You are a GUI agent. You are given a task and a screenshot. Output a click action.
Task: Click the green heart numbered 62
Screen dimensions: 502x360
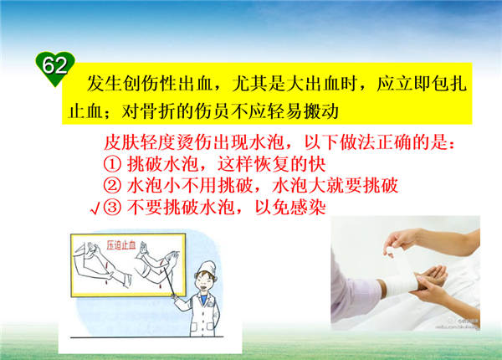[x=55, y=68]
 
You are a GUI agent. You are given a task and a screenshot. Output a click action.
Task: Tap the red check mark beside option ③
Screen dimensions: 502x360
[x=95, y=208]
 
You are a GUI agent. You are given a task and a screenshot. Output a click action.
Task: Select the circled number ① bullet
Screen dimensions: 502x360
[x=112, y=164]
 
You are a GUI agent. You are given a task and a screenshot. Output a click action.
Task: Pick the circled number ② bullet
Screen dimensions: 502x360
[x=112, y=186]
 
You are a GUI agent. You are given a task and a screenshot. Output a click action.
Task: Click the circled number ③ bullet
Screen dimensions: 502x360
[x=112, y=207]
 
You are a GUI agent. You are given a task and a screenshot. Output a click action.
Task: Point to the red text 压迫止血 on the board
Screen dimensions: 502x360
[x=121, y=245]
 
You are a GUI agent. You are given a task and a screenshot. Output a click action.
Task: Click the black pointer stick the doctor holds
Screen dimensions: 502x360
[x=170, y=282]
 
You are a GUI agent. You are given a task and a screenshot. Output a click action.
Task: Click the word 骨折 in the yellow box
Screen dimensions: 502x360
[x=149, y=111]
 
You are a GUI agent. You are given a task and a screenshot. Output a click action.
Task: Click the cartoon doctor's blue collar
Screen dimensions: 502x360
[x=203, y=299]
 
